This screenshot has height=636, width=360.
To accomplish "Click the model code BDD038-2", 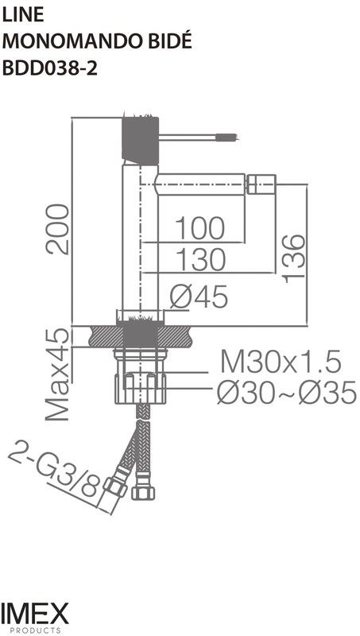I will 50,68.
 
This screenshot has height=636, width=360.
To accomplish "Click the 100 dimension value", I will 199,228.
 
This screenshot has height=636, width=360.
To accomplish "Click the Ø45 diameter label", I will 199,297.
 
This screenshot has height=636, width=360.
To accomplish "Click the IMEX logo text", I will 35,613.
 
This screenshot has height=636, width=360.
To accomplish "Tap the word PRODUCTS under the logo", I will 35,630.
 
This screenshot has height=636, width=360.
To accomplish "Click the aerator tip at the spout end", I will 260,187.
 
